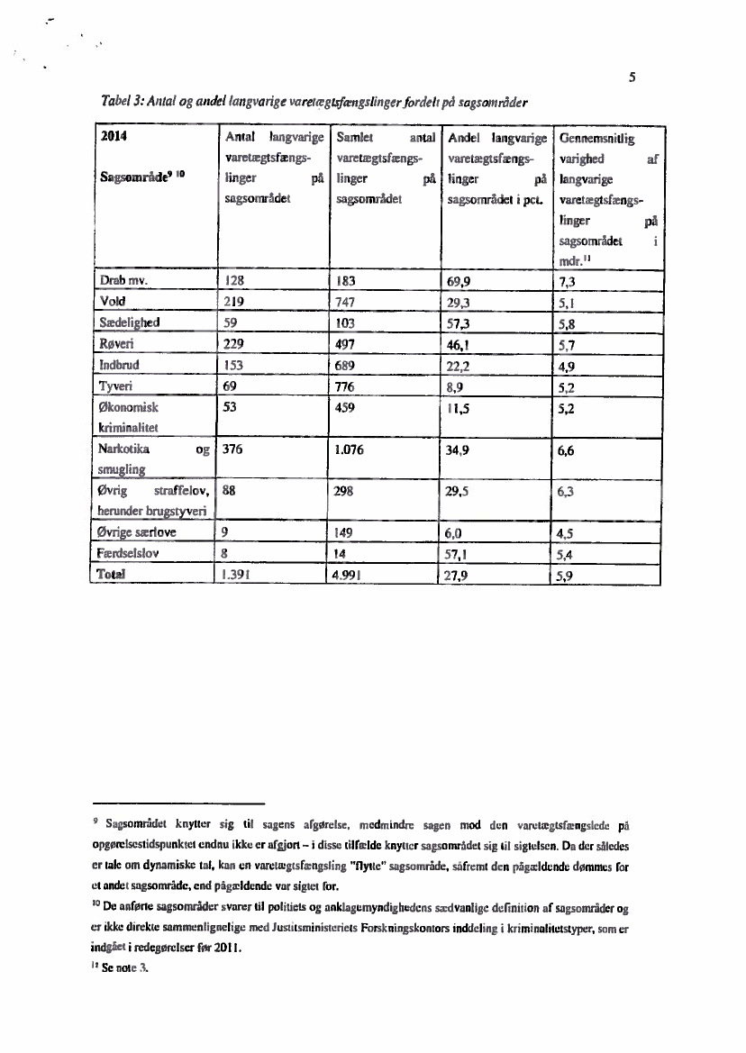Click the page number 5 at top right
tap(633, 77)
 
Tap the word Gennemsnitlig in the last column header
tap(596, 140)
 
